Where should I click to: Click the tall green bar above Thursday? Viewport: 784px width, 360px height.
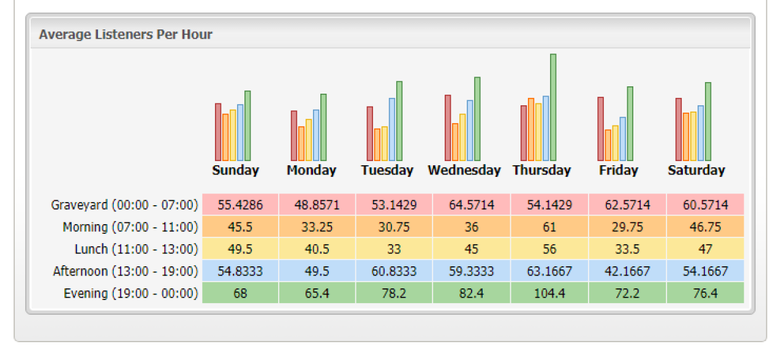(x=553, y=107)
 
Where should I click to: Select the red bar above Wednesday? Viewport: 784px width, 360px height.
(x=448, y=128)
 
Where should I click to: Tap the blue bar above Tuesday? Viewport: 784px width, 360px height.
(x=392, y=130)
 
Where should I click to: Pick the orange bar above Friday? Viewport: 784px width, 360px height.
(x=608, y=145)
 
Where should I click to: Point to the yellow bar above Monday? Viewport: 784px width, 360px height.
(x=309, y=140)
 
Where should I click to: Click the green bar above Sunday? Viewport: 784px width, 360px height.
(x=247, y=126)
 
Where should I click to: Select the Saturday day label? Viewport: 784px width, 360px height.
(x=696, y=170)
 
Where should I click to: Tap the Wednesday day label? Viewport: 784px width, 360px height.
(x=464, y=170)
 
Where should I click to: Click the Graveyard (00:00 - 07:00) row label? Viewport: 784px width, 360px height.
(x=125, y=205)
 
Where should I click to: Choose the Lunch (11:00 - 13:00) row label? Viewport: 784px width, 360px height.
(x=136, y=249)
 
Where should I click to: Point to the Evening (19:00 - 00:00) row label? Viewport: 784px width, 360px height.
(x=131, y=293)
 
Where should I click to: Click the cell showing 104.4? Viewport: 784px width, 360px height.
(x=549, y=293)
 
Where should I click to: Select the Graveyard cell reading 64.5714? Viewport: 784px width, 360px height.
(x=472, y=205)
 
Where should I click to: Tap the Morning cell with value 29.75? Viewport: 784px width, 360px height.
(x=627, y=227)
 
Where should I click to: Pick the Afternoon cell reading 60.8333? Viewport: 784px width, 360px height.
(x=394, y=271)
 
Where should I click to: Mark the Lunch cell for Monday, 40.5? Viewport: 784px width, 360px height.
(x=317, y=249)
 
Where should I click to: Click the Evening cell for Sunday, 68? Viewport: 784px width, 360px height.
(x=240, y=293)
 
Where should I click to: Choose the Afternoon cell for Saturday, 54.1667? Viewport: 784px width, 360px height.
(x=705, y=271)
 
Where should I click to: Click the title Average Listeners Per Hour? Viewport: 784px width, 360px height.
(x=126, y=34)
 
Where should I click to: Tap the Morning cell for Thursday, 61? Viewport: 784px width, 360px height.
(x=549, y=227)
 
